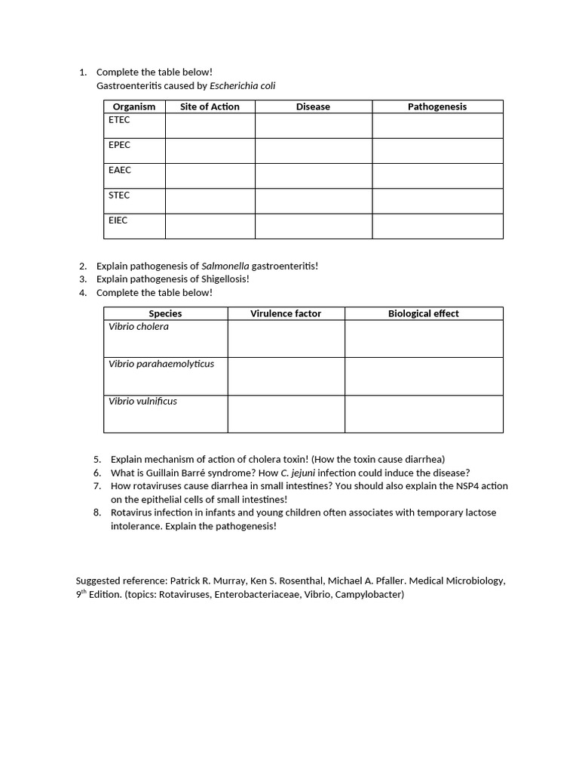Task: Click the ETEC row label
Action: coord(119,120)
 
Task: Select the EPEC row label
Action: coord(119,145)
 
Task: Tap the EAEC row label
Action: coord(120,171)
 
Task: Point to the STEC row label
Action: coord(119,196)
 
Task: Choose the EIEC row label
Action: coord(118,220)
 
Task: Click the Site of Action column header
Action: coord(210,106)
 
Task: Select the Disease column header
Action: coord(313,106)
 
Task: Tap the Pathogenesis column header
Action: coord(437,106)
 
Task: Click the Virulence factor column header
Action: coord(286,313)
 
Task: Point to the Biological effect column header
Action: coord(424,313)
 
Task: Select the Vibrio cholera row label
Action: coord(139,327)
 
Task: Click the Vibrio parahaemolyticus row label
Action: coord(161,364)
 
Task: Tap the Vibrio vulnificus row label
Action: coord(142,402)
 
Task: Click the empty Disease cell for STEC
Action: coord(313,201)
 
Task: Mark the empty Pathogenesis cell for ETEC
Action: coord(437,125)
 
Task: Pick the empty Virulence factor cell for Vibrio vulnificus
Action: coord(286,414)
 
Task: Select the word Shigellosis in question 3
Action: coord(222,279)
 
